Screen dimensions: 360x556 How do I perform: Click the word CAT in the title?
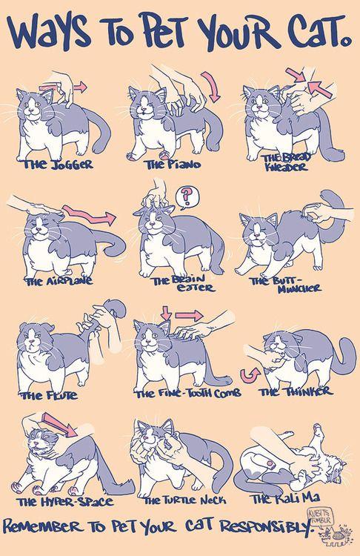(x=315, y=32)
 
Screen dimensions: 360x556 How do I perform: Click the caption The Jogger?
(x=58, y=165)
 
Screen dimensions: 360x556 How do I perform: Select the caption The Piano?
(x=173, y=164)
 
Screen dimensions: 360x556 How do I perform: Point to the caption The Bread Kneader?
(x=287, y=162)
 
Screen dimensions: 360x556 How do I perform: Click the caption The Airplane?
(x=59, y=281)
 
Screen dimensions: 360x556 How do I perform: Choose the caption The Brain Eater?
(x=183, y=283)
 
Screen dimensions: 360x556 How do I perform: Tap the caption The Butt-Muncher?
(x=286, y=284)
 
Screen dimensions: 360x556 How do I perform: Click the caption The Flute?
(x=49, y=395)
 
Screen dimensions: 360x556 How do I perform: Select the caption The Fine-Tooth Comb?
(x=188, y=393)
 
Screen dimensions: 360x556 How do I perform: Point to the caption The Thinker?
(x=296, y=392)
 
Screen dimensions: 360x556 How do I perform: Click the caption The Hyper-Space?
(x=66, y=502)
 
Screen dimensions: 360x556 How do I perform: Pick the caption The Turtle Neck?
(x=184, y=500)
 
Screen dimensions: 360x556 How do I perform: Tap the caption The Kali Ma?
(x=285, y=498)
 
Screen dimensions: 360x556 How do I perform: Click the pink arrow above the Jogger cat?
(x=63, y=86)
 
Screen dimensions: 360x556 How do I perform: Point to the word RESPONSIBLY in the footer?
(x=267, y=526)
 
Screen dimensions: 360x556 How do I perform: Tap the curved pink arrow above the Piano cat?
(x=212, y=86)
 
